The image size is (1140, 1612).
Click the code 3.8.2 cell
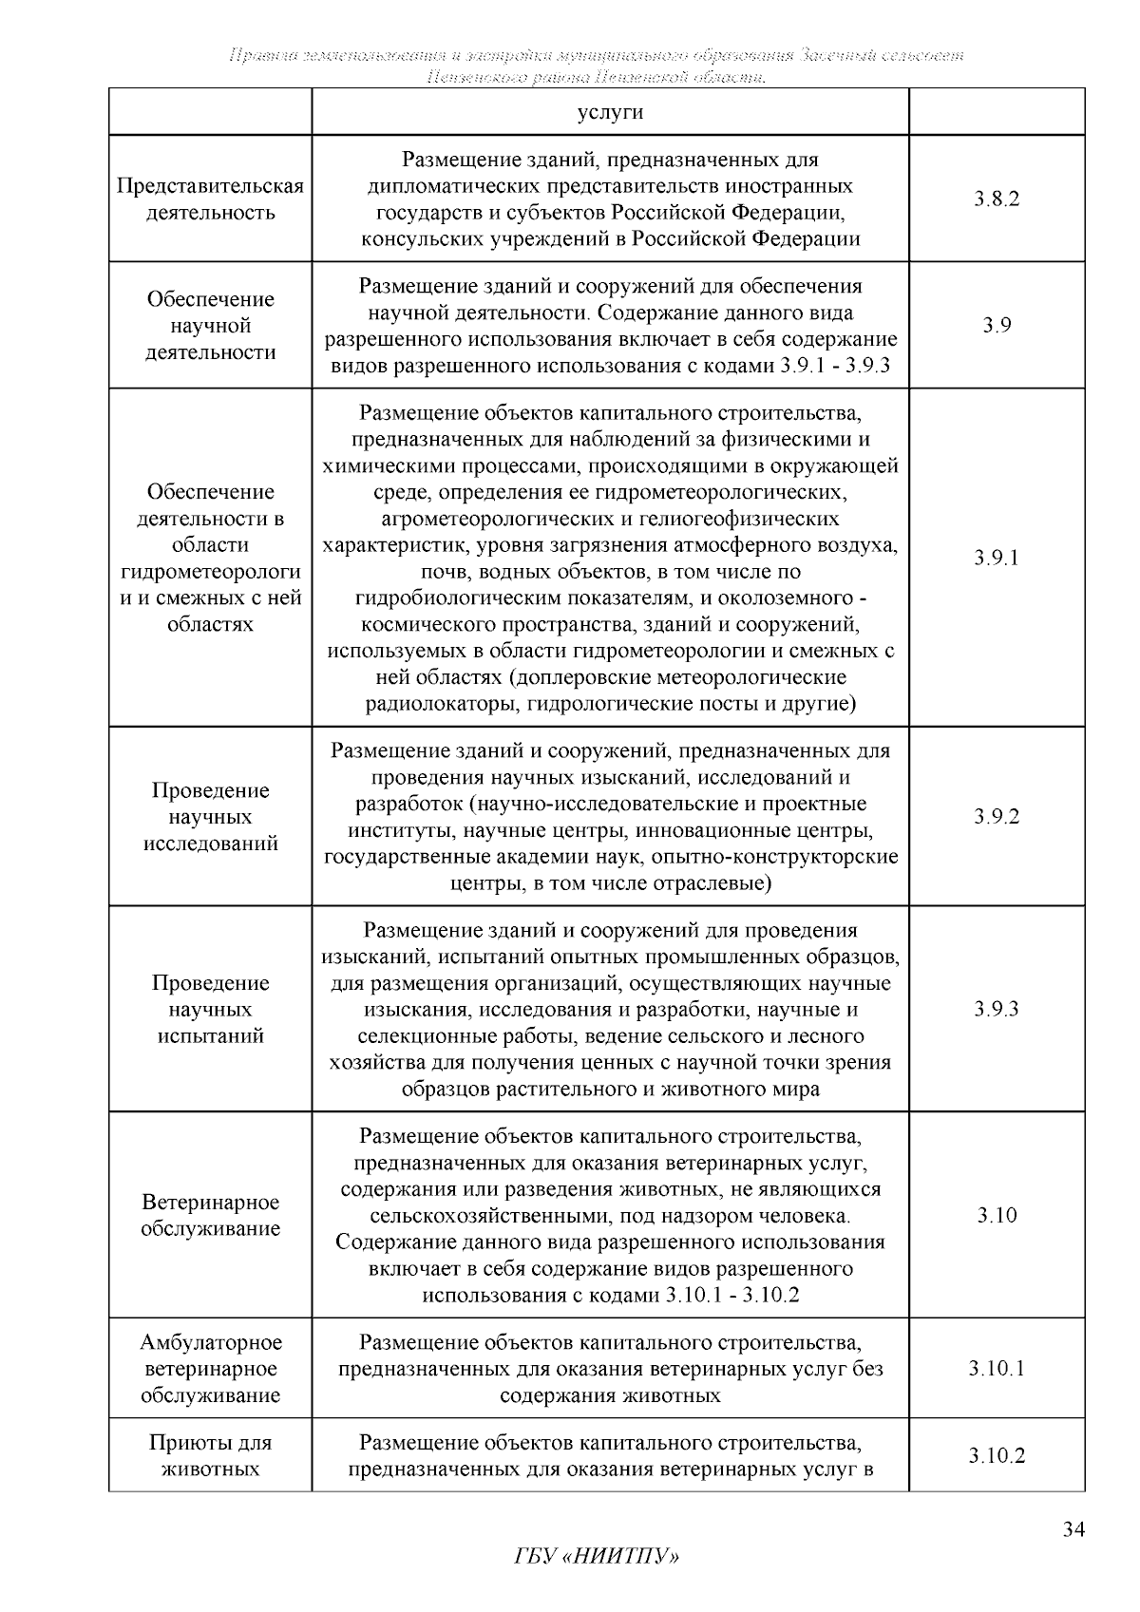click(997, 199)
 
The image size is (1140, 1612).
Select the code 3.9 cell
click(997, 326)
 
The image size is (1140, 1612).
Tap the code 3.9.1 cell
click(997, 558)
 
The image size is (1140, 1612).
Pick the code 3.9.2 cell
click(997, 817)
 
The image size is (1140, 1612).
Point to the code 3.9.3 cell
click(997, 1009)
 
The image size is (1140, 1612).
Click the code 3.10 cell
click(997, 1216)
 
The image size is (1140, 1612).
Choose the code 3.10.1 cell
click(997, 1369)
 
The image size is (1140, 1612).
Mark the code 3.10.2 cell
click(997, 1456)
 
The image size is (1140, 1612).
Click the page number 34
click(1073, 1529)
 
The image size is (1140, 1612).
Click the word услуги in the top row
click(610, 112)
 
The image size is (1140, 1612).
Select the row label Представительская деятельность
click(210, 199)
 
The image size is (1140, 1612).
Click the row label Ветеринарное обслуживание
click(210, 1216)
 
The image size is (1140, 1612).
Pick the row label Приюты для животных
click(210, 1456)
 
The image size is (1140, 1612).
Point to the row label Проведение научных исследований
click(210, 817)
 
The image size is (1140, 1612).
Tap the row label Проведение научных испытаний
click(210, 1009)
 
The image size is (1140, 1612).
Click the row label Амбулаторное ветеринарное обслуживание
click(210, 1369)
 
